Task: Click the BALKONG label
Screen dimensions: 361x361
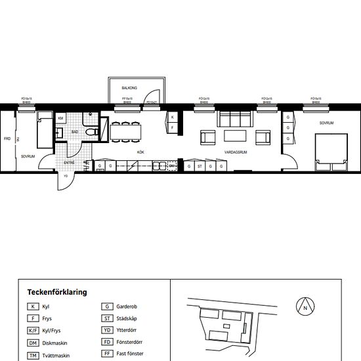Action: [x=129, y=87]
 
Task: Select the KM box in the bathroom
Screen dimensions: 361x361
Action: [x=61, y=118]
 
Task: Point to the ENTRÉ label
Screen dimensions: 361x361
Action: [x=69, y=162]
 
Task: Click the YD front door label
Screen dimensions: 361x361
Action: [x=66, y=175]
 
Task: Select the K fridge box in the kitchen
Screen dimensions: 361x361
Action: [x=172, y=117]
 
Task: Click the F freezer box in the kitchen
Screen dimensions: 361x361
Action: [x=172, y=128]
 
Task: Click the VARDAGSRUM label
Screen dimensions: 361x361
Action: [x=234, y=152]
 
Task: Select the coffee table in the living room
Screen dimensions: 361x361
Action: [x=235, y=136]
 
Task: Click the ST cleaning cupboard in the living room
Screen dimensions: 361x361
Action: [x=200, y=167]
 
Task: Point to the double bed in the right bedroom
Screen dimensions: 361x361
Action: [x=331, y=149]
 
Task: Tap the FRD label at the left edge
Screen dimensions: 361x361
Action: [x=7, y=139]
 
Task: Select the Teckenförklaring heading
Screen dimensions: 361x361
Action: [x=57, y=292]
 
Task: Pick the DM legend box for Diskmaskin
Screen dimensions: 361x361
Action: [x=33, y=343]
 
